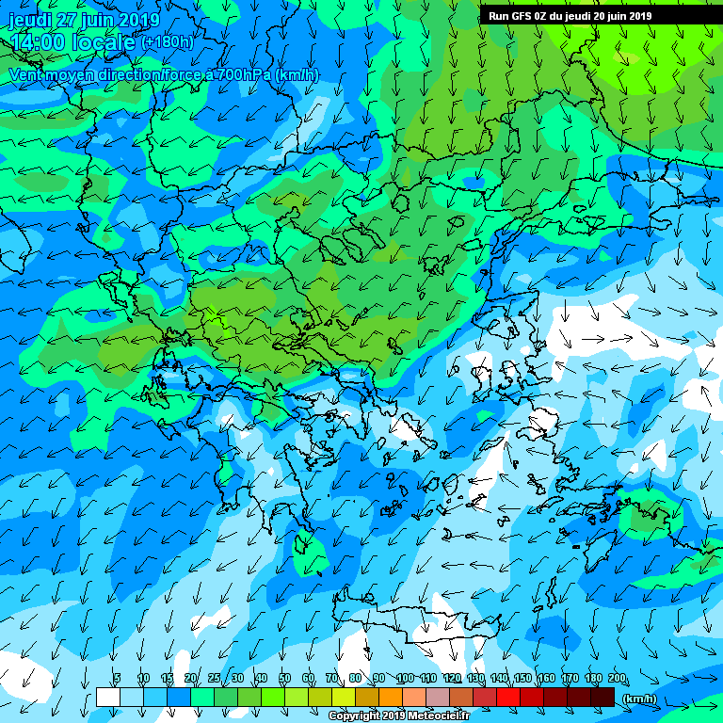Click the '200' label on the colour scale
tap(618, 679)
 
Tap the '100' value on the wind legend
tap(405, 679)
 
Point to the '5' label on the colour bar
tap(117, 679)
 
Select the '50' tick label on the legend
tap(284, 679)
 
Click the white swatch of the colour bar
tap(107, 697)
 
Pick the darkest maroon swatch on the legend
tap(602, 697)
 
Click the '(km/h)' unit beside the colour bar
tap(639, 698)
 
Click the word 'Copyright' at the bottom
tap(354, 716)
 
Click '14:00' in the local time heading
tap(39, 42)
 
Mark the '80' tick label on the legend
tap(355, 679)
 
